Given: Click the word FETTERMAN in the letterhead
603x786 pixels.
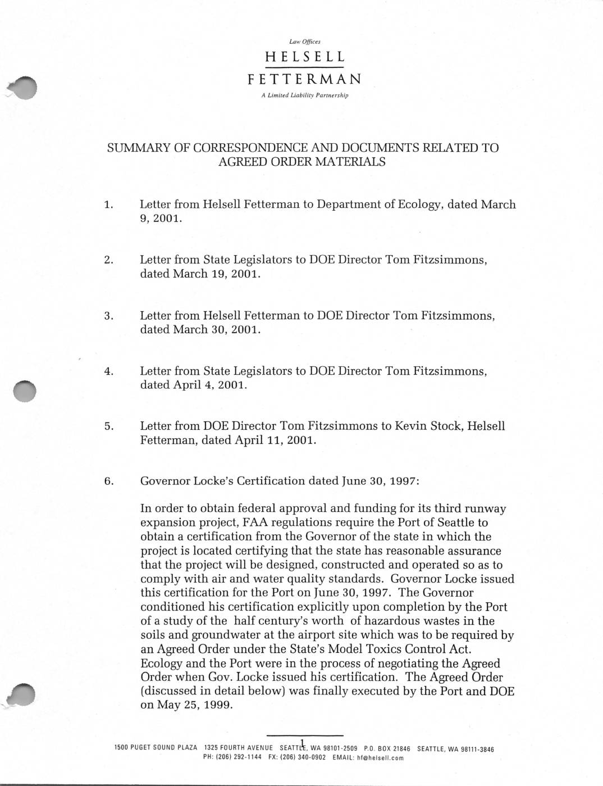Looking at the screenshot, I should (304, 79).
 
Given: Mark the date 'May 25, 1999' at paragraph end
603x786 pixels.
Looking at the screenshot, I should (186, 705).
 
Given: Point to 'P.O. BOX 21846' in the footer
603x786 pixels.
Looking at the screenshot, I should (387, 749).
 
